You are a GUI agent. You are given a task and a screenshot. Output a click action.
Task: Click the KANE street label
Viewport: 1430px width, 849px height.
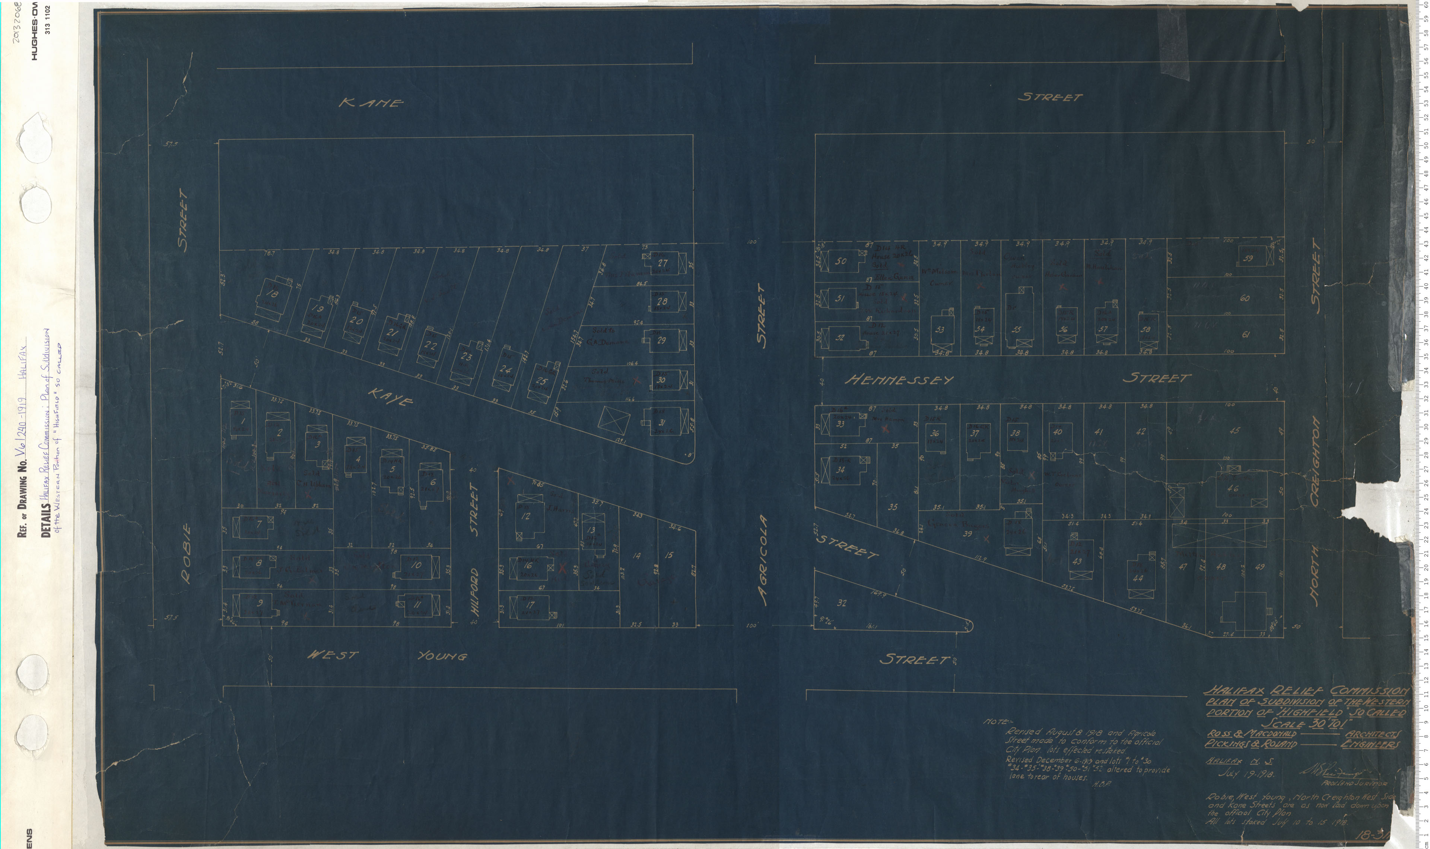pos(371,103)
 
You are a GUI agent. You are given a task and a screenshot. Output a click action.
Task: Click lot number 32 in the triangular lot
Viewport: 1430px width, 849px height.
pos(842,603)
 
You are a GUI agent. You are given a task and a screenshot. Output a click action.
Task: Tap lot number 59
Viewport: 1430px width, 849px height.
pos(1248,258)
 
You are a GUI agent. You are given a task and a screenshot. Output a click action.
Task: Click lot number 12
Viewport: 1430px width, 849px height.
pos(525,516)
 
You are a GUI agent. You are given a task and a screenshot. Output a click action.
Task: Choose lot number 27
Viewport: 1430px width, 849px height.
pos(662,263)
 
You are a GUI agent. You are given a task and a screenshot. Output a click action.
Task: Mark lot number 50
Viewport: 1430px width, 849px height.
pos(840,261)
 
